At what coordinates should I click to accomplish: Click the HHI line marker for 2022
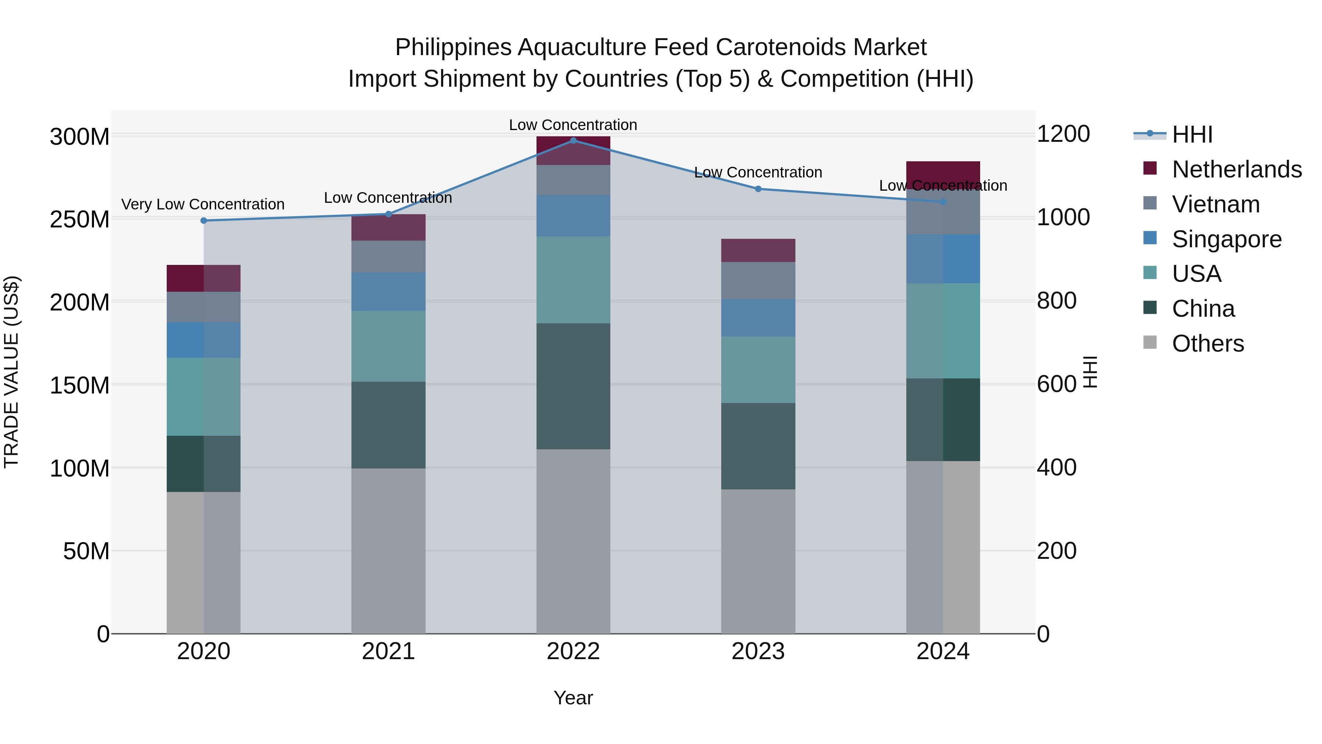click(x=573, y=140)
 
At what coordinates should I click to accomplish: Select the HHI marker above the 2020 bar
click(x=204, y=220)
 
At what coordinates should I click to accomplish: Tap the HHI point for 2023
click(x=758, y=188)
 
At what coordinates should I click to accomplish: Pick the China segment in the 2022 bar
click(x=573, y=386)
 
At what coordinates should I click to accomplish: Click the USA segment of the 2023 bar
click(x=758, y=369)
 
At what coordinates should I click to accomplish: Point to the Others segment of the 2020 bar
click(x=204, y=562)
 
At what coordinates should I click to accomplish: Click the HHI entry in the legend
click(x=1192, y=134)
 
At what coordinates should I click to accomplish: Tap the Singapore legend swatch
click(x=1150, y=238)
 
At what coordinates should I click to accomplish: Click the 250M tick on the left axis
click(x=80, y=220)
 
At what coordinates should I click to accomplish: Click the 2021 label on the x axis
click(x=389, y=651)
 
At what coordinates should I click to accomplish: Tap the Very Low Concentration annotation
click(x=203, y=204)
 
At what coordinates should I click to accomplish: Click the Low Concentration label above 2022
click(x=573, y=125)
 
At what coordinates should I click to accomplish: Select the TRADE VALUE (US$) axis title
click(x=11, y=372)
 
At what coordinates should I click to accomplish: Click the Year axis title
click(x=573, y=698)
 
